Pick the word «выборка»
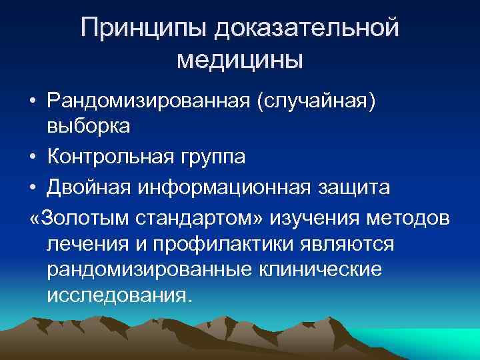tap(88, 126)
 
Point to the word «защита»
tap(361, 189)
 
